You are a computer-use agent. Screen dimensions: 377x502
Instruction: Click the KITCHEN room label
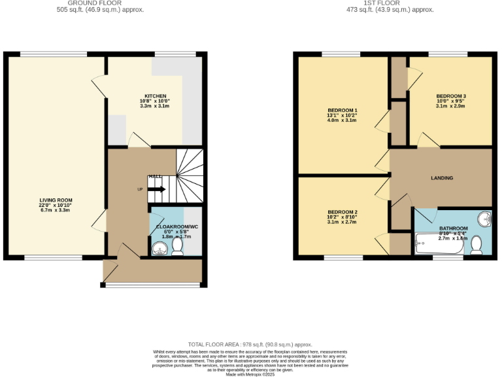click(x=155, y=96)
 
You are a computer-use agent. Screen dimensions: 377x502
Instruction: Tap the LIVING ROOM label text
click(x=56, y=200)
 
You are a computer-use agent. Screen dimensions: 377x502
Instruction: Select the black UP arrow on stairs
click(x=157, y=189)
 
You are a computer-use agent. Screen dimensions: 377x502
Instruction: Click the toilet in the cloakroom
click(x=177, y=246)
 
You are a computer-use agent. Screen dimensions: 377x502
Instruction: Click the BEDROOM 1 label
click(x=343, y=110)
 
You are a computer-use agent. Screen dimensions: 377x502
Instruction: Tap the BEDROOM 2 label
click(x=343, y=212)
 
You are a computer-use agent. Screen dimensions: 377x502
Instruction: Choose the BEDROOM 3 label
click(x=451, y=96)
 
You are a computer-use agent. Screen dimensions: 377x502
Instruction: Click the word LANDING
click(x=442, y=178)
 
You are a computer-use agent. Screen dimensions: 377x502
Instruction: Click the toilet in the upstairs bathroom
click(x=477, y=245)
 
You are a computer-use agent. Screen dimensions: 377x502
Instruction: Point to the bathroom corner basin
click(x=484, y=219)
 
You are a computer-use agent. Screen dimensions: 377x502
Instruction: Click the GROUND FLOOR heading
click(x=100, y=3)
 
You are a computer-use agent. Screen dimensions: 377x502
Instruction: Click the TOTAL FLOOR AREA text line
click(x=250, y=344)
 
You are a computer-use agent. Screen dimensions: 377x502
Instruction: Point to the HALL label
click(x=155, y=177)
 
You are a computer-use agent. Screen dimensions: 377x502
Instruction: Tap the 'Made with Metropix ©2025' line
click(x=251, y=374)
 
